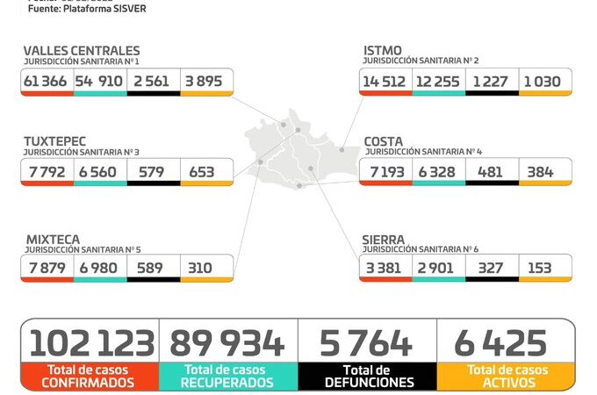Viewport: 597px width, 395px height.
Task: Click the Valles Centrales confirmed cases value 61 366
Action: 47,81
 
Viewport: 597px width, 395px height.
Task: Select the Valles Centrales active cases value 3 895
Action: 206,81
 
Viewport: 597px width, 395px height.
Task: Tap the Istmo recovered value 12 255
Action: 438,81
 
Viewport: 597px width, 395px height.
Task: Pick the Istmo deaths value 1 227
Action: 492,81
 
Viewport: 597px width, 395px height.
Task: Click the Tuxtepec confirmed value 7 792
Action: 47,171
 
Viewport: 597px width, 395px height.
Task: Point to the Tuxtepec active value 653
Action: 202,171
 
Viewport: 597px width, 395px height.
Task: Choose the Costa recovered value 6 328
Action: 436,171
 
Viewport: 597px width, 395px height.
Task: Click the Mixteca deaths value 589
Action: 151,267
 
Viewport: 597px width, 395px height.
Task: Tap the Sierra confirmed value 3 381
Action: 385,267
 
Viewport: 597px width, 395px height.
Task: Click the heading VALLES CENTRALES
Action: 81,51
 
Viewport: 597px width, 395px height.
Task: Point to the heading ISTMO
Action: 383,51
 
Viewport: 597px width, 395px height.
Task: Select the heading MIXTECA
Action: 52,238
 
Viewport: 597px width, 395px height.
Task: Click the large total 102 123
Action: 91,343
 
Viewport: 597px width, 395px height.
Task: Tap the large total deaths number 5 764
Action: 367,343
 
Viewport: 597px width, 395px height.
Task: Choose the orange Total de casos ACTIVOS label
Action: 506,377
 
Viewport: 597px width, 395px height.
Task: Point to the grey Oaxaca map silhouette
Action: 298,154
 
